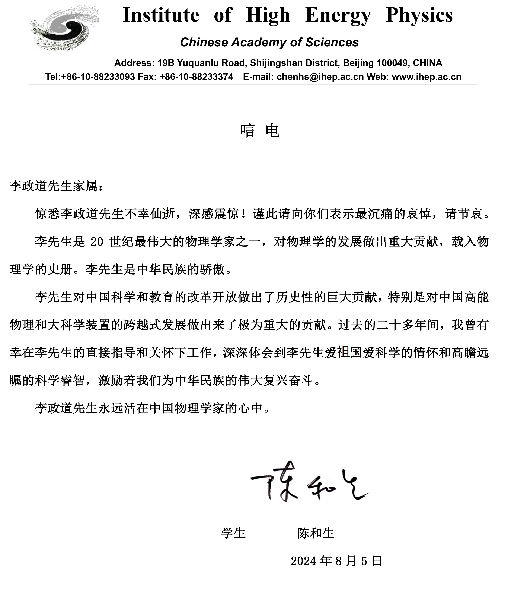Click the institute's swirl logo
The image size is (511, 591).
[x=64, y=29]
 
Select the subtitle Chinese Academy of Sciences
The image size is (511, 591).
[x=269, y=42]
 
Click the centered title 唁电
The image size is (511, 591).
[x=259, y=131]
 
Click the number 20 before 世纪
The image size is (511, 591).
[x=97, y=242]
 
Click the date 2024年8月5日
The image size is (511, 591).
[x=336, y=561]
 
